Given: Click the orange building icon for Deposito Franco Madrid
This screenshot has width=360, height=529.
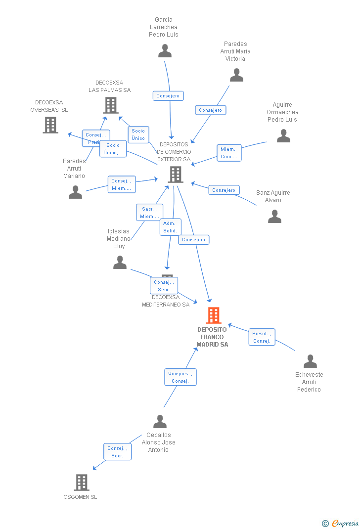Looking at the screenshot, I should tap(213, 315).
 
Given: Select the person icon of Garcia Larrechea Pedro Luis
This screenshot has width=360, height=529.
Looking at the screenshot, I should tap(165, 51).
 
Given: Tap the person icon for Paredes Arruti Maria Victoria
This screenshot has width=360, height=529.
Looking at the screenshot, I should tap(236, 75).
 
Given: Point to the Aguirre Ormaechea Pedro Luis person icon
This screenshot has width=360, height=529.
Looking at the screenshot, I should tap(283, 136).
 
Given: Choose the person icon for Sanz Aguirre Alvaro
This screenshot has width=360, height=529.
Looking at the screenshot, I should tap(274, 217).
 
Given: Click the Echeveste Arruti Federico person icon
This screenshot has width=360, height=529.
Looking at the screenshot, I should tap(310, 361).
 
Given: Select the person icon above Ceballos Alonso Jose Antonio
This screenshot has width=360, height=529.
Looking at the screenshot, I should tap(160, 422).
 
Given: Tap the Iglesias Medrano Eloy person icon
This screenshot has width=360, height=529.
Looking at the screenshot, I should tap(120, 263).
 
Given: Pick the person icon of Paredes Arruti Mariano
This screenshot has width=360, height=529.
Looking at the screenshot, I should tap(75, 192).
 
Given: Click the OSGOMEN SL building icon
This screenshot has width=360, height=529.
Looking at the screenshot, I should tap(82, 482).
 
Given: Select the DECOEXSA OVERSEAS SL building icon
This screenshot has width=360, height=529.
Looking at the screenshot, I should tap(50, 125).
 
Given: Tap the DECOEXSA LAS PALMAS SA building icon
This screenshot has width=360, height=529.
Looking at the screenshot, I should tap(110, 105).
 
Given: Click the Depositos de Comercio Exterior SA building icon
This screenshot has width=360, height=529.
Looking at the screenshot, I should tap(175, 174).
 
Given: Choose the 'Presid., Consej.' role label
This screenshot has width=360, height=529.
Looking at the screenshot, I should tap(262, 337).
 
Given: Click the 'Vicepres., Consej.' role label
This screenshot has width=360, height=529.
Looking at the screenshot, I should tap(180, 377).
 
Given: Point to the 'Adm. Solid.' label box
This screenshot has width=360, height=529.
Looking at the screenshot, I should tap(170, 227).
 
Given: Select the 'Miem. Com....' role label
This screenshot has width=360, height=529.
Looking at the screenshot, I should tap(229, 153).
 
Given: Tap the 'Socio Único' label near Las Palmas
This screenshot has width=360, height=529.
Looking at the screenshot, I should tap(138, 134).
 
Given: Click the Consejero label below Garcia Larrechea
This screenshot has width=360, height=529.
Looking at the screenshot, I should tap(168, 96).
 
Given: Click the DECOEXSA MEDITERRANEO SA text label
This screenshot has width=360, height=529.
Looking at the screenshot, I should tap(166, 301).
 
